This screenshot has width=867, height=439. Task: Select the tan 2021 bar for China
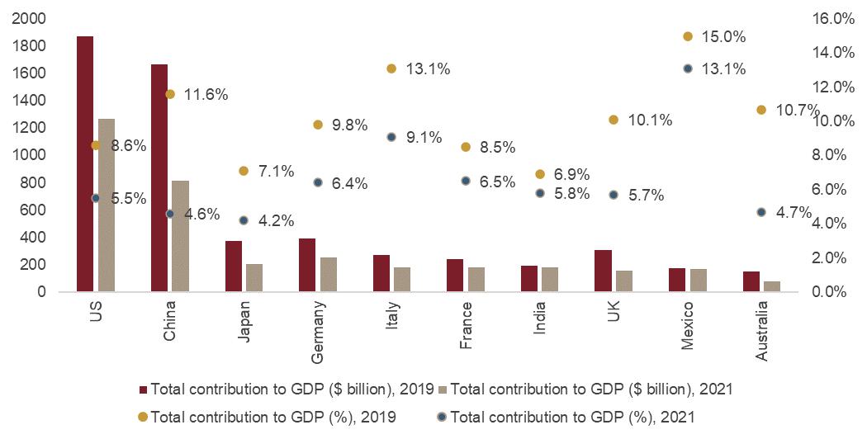tap(180, 236)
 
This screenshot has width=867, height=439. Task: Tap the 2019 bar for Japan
tap(234, 266)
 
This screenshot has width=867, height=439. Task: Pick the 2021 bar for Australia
tap(772, 286)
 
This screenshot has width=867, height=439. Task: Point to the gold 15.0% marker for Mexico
tap(688, 37)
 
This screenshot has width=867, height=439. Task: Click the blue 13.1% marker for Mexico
tap(688, 69)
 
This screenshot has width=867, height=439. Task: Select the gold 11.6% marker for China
tap(170, 94)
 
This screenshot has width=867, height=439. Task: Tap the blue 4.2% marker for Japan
tap(244, 220)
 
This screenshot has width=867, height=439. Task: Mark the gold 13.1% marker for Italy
tap(391, 69)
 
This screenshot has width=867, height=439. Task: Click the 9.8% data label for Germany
tap(351, 125)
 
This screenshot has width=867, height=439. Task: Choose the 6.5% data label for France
tap(499, 182)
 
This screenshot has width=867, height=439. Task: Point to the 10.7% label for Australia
tap(798, 110)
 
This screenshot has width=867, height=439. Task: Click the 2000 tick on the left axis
tap(30, 18)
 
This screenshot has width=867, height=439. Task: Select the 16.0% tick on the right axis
tap(835, 18)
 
